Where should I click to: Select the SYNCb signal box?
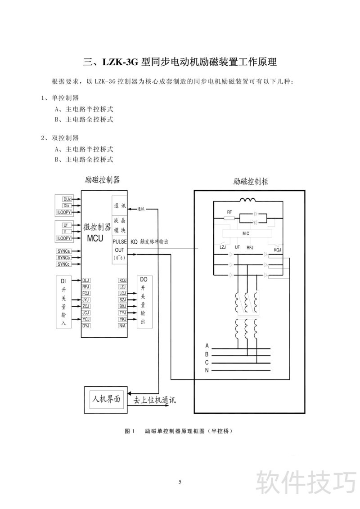point(63,258)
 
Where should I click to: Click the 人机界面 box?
point(106,399)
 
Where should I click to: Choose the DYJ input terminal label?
point(86,325)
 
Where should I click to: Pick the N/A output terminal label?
point(122,325)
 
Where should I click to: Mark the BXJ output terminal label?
point(122,306)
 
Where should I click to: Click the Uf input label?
point(65,225)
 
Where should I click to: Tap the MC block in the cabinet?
point(246,234)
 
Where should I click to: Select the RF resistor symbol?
point(229,218)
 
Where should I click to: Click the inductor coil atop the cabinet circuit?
point(247,201)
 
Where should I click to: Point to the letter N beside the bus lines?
point(207,370)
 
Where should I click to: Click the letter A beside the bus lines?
point(207,346)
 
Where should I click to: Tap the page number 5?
point(180,482)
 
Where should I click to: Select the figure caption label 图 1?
point(130,431)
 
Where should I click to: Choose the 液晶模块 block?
point(119,226)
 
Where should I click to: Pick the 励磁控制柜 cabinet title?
point(251,182)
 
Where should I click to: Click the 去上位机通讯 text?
point(154,400)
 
